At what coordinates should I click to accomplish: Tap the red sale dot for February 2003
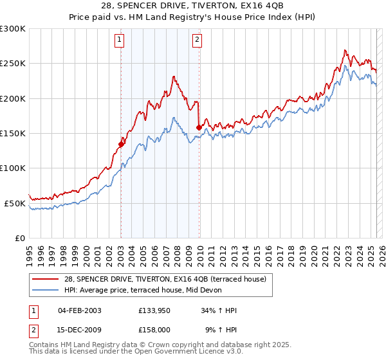(121, 144)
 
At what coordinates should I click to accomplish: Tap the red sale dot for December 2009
(199, 127)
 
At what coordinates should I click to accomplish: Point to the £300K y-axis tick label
(12, 29)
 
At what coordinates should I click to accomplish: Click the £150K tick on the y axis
(12, 134)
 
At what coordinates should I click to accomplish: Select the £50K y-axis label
(14, 203)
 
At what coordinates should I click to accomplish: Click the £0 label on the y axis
(19, 238)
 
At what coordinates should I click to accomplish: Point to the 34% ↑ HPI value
(218, 310)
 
